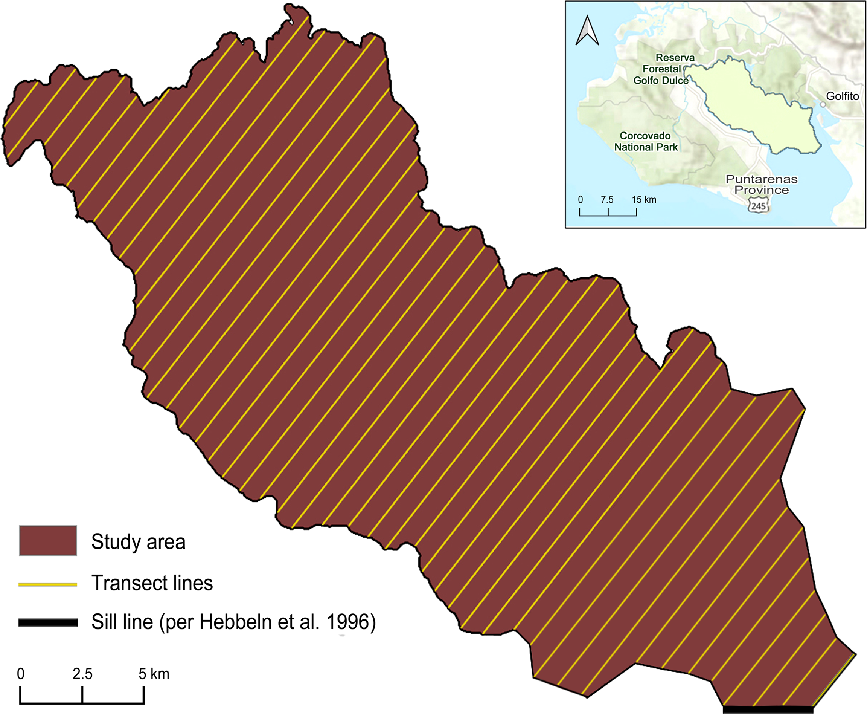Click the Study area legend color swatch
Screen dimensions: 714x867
click(x=48, y=540)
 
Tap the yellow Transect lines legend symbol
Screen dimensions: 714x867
click(x=48, y=584)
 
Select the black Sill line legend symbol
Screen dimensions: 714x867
click(x=48, y=623)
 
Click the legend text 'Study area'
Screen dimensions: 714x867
click(x=138, y=542)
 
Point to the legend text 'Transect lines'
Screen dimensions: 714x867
click(x=152, y=583)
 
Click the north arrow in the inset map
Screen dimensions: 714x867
click(x=587, y=31)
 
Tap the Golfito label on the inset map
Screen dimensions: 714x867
click(x=843, y=96)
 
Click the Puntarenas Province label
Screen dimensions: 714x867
click(x=761, y=185)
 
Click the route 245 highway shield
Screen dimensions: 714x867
click(x=759, y=206)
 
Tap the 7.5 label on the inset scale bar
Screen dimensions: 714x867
click(x=607, y=200)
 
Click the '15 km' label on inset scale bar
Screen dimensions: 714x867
click(x=644, y=200)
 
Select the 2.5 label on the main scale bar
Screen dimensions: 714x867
click(x=82, y=674)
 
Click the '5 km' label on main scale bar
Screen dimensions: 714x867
click(x=154, y=674)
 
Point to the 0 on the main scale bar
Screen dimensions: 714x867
click(x=21, y=674)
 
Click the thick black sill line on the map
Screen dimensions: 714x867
click(x=768, y=710)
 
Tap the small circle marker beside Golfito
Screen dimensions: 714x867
click(x=823, y=105)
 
